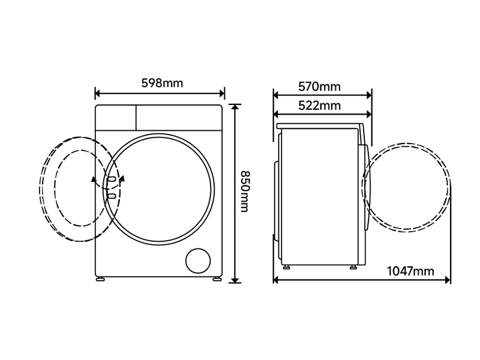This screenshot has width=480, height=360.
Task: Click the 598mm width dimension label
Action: [x=161, y=83]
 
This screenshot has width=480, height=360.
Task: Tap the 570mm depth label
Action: [x=319, y=86]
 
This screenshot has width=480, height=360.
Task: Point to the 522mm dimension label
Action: [x=319, y=106]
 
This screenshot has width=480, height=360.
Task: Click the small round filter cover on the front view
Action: [x=199, y=261]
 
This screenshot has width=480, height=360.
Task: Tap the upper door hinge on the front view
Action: [x=112, y=178]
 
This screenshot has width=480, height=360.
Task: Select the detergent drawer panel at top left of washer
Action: [x=116, y=115]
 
